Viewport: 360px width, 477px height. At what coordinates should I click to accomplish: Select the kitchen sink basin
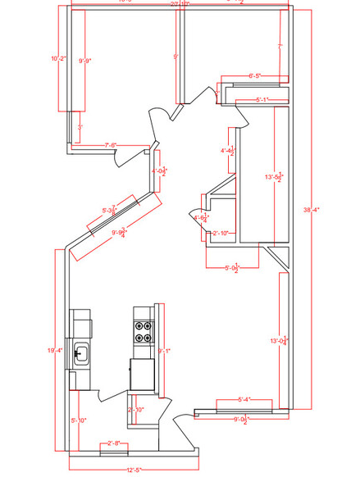(x=82, y=355)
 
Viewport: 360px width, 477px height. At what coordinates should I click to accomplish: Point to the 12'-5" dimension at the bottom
(x=135, y=470)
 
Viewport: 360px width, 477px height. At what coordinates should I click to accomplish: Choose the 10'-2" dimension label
(x=57, y=58)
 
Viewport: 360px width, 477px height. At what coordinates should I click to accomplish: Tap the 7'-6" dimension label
(x=111, y=145)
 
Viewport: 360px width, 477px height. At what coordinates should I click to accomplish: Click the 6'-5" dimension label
(x=256, y=76)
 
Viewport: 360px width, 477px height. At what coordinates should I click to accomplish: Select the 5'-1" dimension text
(x=262, y=100)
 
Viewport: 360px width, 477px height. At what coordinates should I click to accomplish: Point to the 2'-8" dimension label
(x=114, y=443)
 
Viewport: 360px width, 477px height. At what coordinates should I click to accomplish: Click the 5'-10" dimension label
(x=78, y=420)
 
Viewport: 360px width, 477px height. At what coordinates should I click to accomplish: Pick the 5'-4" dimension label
(x=244, y=400)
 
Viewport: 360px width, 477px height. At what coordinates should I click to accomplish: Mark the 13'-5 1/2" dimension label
(x=275, y=176)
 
